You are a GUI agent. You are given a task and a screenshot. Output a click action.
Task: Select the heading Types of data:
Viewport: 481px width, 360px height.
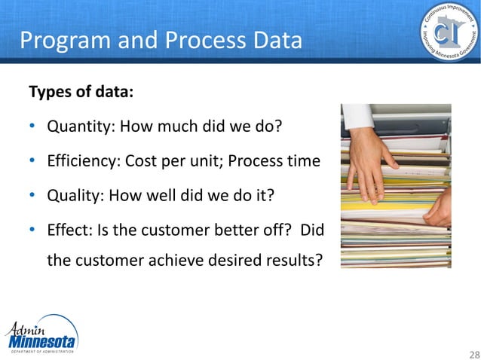click(x=81, y=93)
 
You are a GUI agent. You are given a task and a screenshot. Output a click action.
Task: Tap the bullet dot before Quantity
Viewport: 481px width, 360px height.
click(x=33, y=126)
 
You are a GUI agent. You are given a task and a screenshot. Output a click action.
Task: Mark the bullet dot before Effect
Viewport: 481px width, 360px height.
click(x=33, y=231)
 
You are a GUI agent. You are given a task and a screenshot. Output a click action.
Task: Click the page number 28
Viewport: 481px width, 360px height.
click(x=473, y=354)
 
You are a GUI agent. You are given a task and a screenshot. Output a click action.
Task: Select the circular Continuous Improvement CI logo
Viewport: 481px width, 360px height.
click(x=449, y=34)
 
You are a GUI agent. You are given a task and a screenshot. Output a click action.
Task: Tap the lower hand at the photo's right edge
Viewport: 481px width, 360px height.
click(x=440, y=207)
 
